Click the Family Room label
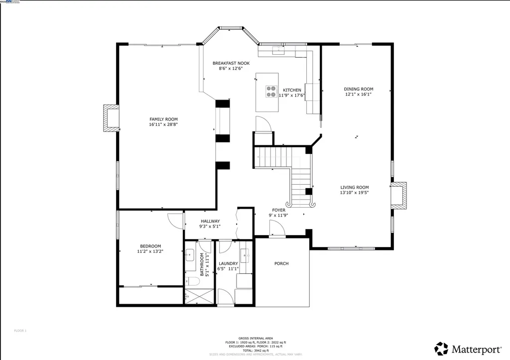pos(163,119)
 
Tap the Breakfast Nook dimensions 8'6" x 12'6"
pos(231,69)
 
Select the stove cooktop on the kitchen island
pos(271,91)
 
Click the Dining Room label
pos(358,89)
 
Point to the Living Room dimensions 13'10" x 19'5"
pos(354,193)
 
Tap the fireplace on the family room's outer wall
pos(110,119)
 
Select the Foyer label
pos(278,210)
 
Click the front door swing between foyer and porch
pos(276,229)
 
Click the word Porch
pos(281,263)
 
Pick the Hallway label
pos(210,221)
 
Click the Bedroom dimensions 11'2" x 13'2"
pos(150,251)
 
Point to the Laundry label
pos(228,263)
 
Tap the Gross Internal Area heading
pos(255,338)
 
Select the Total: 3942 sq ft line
pos(255,350)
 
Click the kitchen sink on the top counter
pos(278,49)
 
